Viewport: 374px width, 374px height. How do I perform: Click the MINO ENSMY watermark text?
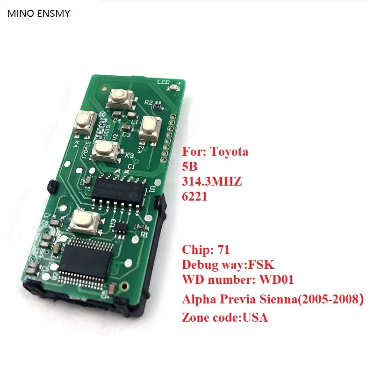(38, 14)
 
